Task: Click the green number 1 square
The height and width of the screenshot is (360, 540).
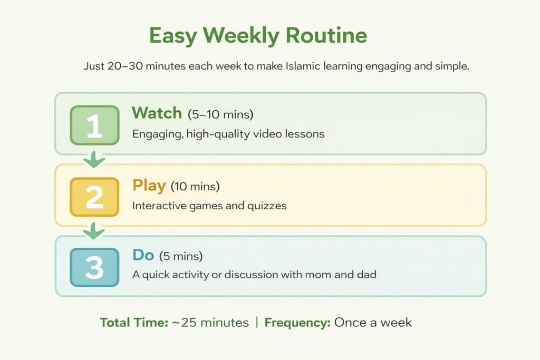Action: pyautogui.click(x=95, y=125)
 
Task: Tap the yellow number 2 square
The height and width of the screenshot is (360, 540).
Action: pyautogui.click(x=95, y=197)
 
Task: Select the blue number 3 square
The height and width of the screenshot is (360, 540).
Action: pyautogui.click(x=95, y=267)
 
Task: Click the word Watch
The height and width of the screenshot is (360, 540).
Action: pyautogui.click(x=157, y=113)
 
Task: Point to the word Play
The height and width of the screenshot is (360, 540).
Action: pyautogui.click(x=149, y=186)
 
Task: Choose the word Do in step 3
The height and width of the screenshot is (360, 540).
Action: pyautogui.click(x=143, y=255)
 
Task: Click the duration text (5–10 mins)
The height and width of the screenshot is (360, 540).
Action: pyautogui.click(x=220, y=114)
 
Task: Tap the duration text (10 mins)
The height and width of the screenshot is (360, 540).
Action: pyautogui.click(x=195, y=187)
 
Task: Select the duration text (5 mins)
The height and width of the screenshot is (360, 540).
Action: pyautogui.click(x=181, y=256)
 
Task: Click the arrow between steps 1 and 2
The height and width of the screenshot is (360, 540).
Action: pyautogui.click(x=94, y=159)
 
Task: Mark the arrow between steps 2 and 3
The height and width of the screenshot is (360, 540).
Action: pyautogui.click(x=94, y=230)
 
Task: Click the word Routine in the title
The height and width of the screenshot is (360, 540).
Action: pyautogui.click(x=326, y=35)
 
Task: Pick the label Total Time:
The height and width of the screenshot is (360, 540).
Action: pyautogui.click(x=134, y=323)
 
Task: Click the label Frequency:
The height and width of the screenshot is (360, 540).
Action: pyautogui.click(x=297, y=323)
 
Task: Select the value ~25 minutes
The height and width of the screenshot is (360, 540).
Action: pyautogui.click(x=210, y=323)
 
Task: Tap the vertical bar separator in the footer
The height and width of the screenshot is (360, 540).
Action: pyautogui.click(x=257, y=323)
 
